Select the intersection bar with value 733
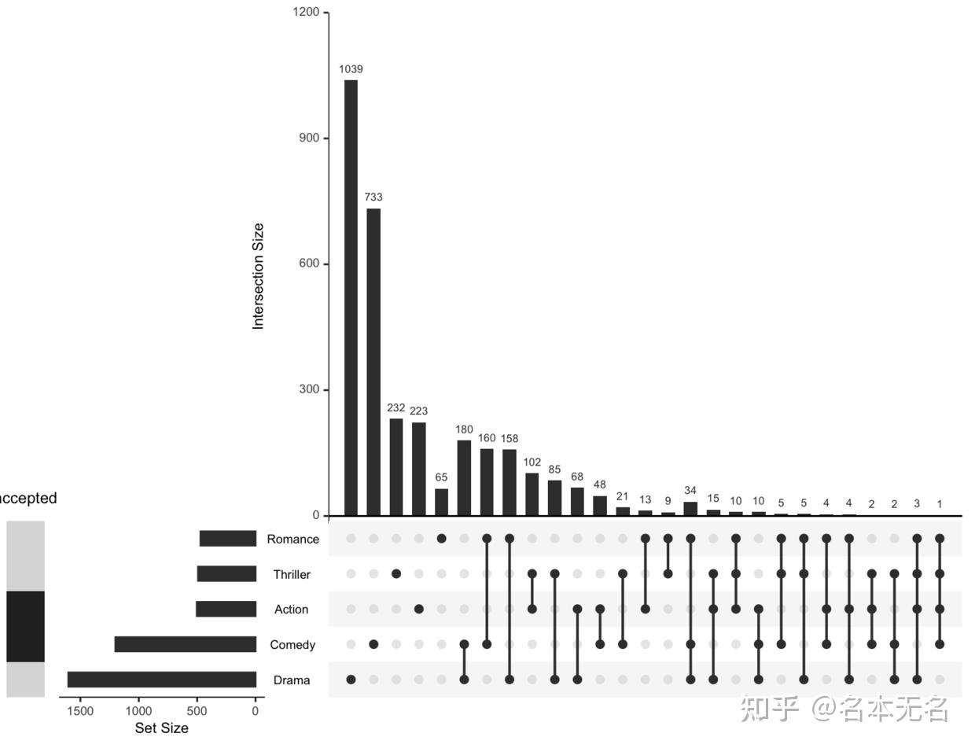[x=373, y=362]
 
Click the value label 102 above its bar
[x=532, y=462]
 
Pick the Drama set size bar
[x=162, y=680]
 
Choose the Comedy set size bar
[x=186, y=644]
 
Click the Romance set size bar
[x=228, y=539]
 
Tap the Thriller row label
[x=292, y=574]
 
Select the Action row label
[x=292, y=610]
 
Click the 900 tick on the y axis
[x=307, y=138]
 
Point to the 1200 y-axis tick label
[x=305, y=13]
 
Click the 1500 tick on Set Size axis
[x=79, y=711]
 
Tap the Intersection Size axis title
[x=259, y=276]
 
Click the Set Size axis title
[x=162, y=728]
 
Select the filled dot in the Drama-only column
[x=351, y=680]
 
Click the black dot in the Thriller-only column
[x=396, y=574]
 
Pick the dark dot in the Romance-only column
[x=441, y=539]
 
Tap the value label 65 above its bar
[x=441, y=477]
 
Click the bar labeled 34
[x=690, y=508]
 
